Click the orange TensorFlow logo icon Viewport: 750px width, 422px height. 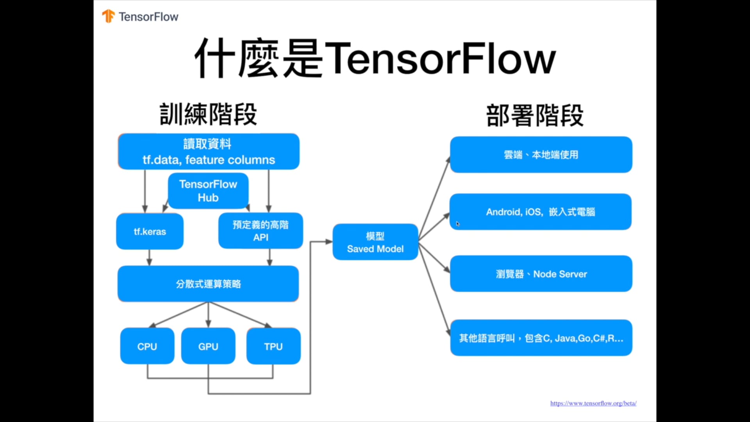pos(108,16)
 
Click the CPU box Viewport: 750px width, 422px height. pos(147,346)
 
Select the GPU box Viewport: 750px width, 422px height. pos(208,346)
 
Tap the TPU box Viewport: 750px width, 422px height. pos(273,346)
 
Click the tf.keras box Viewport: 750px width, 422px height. pos(150,231)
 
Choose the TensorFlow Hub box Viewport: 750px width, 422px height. pos(208,191)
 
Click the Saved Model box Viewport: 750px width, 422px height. pos(375,242)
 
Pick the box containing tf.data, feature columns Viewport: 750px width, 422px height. pos(209,152)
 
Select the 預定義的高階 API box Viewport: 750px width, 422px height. pos(261,231)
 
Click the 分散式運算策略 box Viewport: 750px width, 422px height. pos(208,284)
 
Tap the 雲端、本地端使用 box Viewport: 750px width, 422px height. pos(541,155)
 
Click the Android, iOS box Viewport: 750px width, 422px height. pos(541,212)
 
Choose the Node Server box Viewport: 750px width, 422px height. pos(541,274)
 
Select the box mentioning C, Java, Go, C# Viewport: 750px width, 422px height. pos(541,338)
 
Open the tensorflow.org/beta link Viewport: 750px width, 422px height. pos(593,403)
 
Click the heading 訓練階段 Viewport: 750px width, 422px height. pos(208,114)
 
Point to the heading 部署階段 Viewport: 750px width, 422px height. pos(535,115)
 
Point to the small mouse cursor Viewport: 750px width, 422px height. pos(458,224)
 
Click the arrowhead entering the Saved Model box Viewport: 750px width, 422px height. pos(329,242)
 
